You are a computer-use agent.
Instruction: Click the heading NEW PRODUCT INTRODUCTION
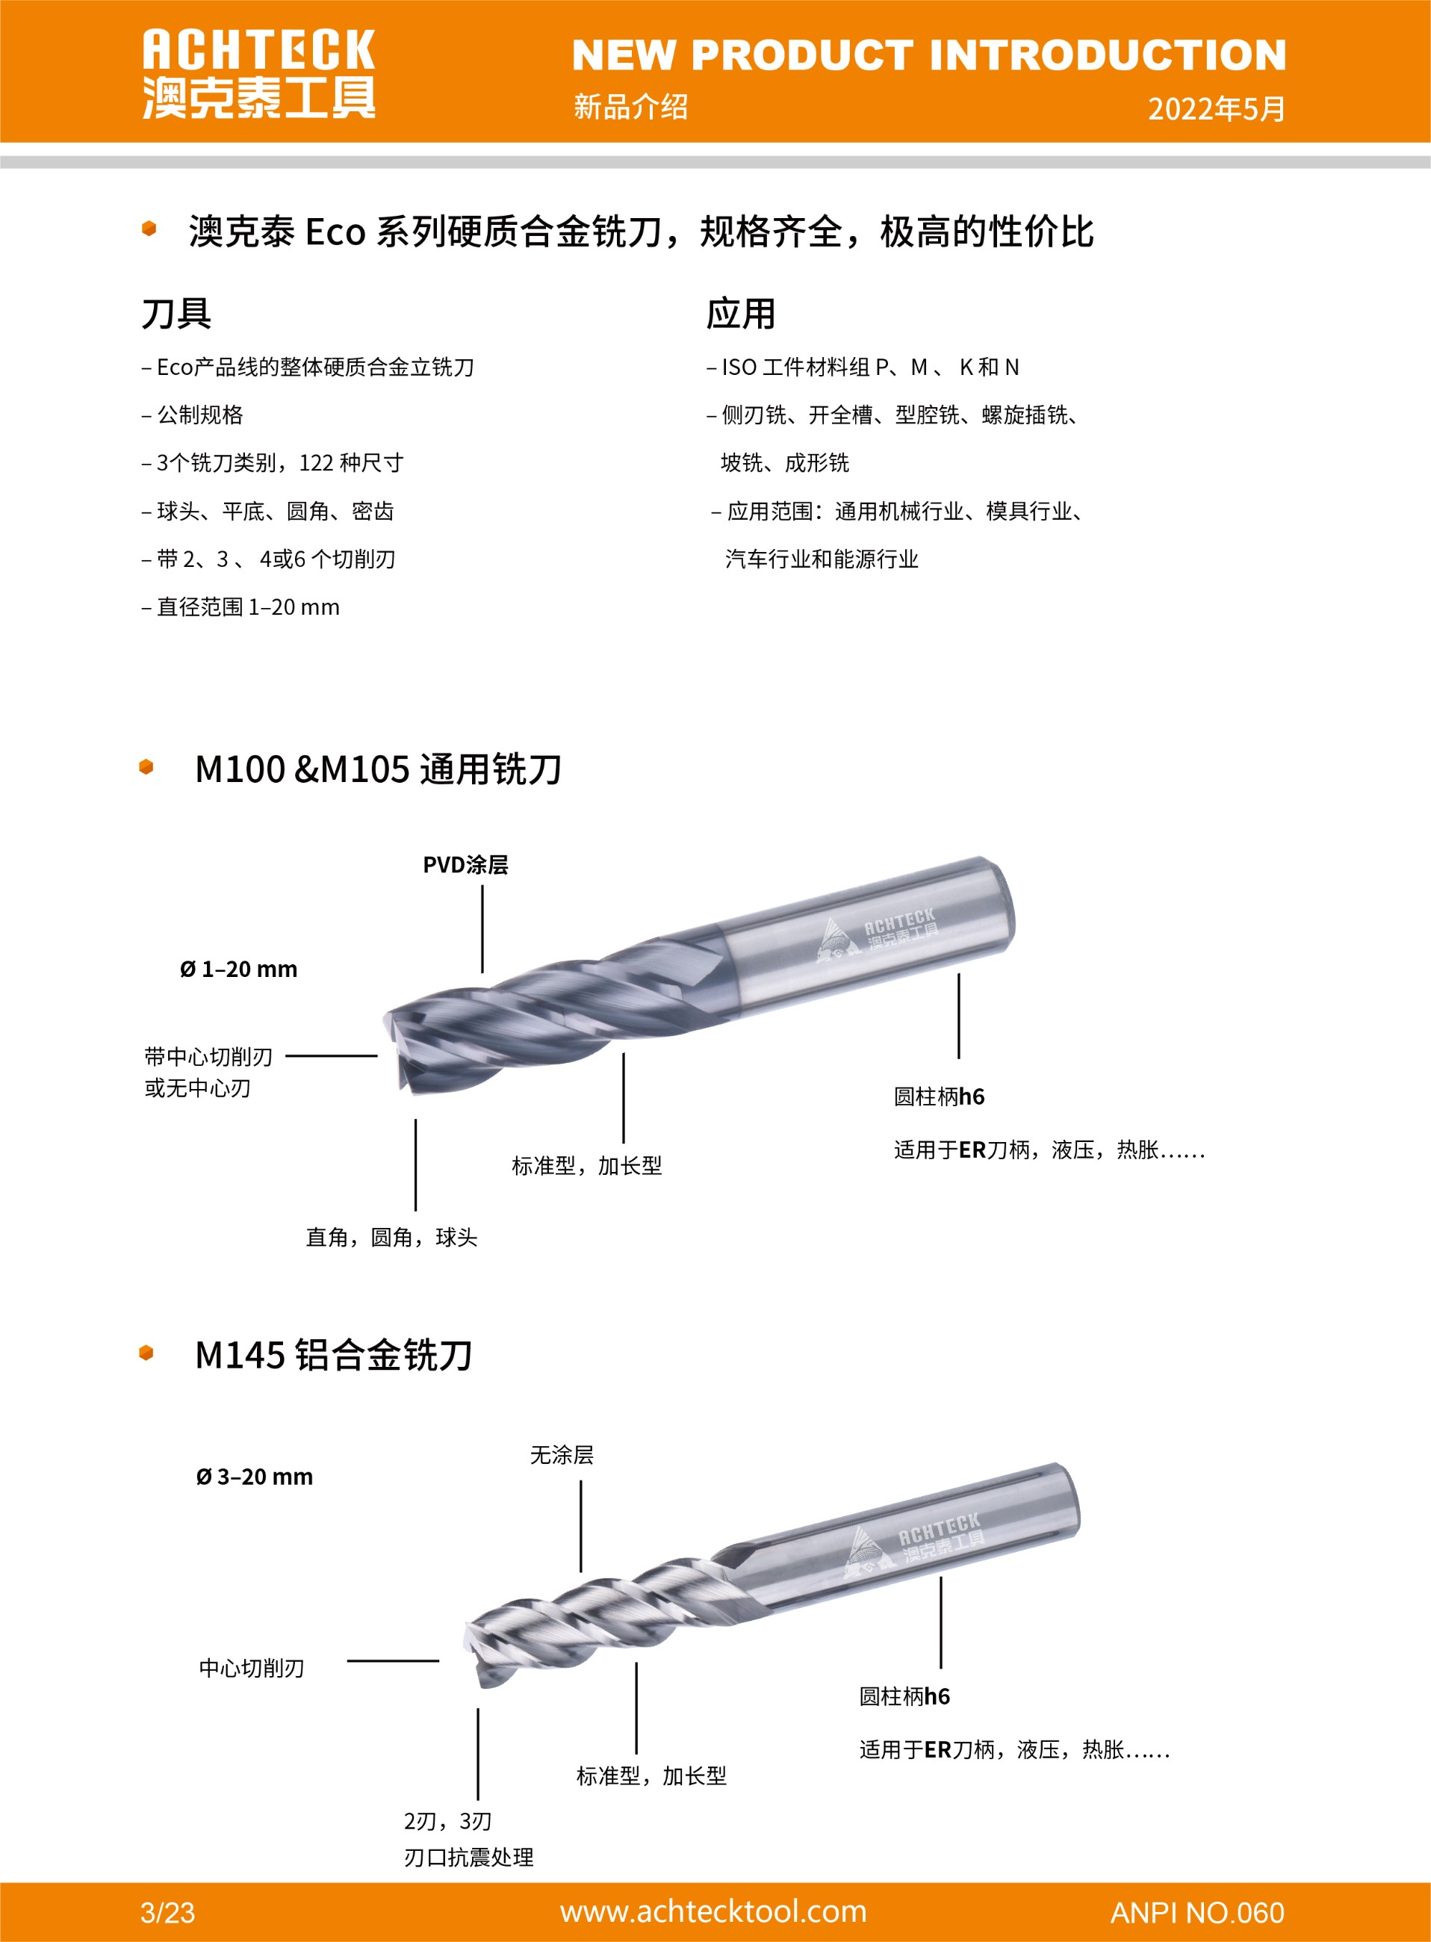pyautogui.click(x=928, y=55)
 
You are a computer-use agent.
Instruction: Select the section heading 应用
pyautogui.click(x=741, y=313)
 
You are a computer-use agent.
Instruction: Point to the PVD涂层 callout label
pyautogui.click(x=465, y=864)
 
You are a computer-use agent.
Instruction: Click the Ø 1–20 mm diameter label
pyautogui.click(x=238, y=970)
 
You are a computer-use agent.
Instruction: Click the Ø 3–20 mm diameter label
pyautogui.click(x=254, y=1477)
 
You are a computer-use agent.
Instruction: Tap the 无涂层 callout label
pyautogui.click(x=562, y=1455)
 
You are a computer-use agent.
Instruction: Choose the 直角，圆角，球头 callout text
pyautogui.click(x=391, y=1237)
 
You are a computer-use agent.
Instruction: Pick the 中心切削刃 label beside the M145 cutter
pyautogui.click(x=251, y=1669)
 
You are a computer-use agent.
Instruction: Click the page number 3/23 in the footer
pyautogui.click(x=167, y=1913)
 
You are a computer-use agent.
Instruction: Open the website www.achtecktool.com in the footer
pyautogui.click(x=713, y=1911)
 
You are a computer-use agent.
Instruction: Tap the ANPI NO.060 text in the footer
pyautogui.click(x=1197, y=1913)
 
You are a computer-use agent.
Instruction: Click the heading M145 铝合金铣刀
pyautogui.click(x=334, y=1356)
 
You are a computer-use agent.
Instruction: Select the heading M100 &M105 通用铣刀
pyautogui.click(x=378, y=769)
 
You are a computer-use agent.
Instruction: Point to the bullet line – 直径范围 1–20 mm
pyautogui.click(x=240, y=607)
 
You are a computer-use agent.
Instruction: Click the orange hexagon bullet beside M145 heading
pyautogui.click(x=146, y=1353)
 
